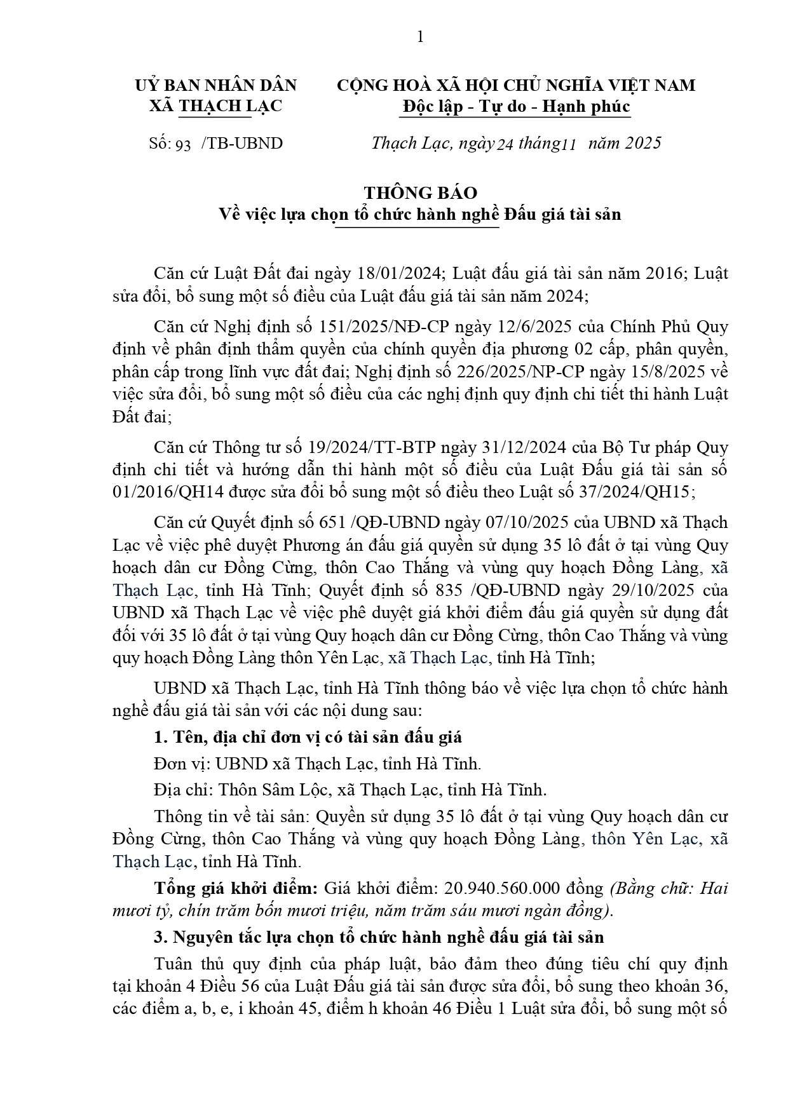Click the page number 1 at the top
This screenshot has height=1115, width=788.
pyautogui.click(x=420, y=37)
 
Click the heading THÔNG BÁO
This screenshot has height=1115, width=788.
pyautogui.click(x=420, y=193)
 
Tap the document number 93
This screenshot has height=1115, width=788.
pyautogui.click(x=183, y=144)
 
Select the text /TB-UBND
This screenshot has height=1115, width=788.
pyautogui.click(x=242, y=143)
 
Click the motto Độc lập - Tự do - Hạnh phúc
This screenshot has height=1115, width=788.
pyautogui.click(x=515, y=105)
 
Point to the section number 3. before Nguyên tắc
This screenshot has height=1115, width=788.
pyautogui.click(x=160, y=937)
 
